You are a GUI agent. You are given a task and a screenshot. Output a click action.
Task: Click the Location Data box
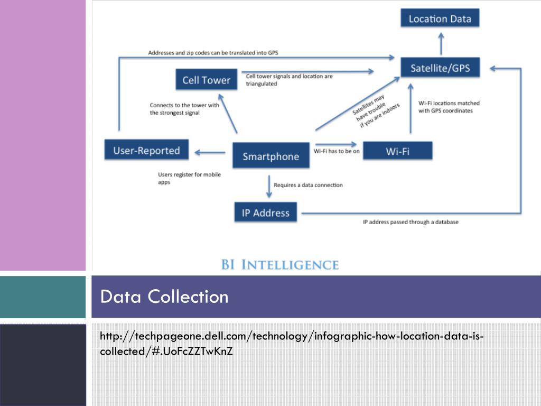440,19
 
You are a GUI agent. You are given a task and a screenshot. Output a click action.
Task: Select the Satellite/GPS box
440,68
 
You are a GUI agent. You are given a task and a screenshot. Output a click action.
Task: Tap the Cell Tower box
206,80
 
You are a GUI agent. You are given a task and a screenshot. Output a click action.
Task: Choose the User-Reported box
146,151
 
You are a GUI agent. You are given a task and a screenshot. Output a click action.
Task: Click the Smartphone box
270,156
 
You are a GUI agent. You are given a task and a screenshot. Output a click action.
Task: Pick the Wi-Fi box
397,152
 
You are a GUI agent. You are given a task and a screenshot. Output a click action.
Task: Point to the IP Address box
265,213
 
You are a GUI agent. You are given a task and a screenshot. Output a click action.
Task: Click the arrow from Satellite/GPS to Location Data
441,42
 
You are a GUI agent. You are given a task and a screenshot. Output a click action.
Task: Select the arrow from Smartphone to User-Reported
210,153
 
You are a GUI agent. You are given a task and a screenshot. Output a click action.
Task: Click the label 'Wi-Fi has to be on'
337,151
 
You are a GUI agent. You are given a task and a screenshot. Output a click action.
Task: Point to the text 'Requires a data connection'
308,185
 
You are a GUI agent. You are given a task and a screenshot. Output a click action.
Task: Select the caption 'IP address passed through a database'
411,222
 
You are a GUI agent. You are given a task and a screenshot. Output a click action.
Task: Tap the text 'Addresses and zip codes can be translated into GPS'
213,53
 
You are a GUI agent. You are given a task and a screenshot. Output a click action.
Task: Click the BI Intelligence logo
279,264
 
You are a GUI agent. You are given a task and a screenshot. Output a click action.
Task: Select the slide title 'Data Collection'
164,297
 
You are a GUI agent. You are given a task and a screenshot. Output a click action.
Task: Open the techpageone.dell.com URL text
291,344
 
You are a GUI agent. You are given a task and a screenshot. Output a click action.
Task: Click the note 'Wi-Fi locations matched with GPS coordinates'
449,107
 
